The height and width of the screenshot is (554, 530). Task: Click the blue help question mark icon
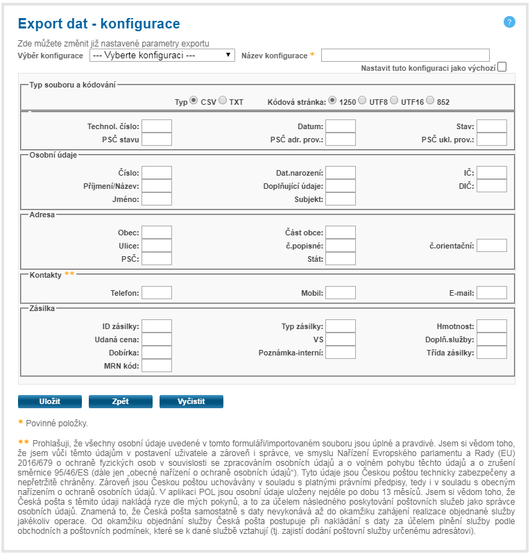[x=509, y=22]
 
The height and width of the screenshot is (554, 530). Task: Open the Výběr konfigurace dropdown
[x=162, y=55]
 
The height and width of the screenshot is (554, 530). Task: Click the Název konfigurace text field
[x=405, y=56]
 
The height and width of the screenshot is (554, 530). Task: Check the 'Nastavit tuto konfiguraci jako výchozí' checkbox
[x=502, y=67]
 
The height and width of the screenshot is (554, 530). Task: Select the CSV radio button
[x=194, y=101]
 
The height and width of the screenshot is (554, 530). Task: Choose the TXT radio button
[x=223, y=101]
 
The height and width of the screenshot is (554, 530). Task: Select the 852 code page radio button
[x=430, y=101]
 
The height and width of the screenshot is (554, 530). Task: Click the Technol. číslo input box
[x=157, y=126]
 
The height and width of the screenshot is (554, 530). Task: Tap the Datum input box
[x=340, y=126]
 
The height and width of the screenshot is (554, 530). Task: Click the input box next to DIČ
[x=492, y=185]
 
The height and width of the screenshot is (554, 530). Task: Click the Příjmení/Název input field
[x=157, y=185]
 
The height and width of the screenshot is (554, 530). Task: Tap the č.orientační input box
[x=492, y=245]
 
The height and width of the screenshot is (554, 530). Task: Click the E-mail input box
[x=492, y=292]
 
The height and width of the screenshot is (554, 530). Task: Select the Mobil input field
[x=340, y=292]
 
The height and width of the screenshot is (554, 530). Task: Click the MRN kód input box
[x=157, y=365]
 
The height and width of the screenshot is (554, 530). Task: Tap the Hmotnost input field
[x=492, y=326]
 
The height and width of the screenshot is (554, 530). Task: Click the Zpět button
[x=121, y=401]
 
